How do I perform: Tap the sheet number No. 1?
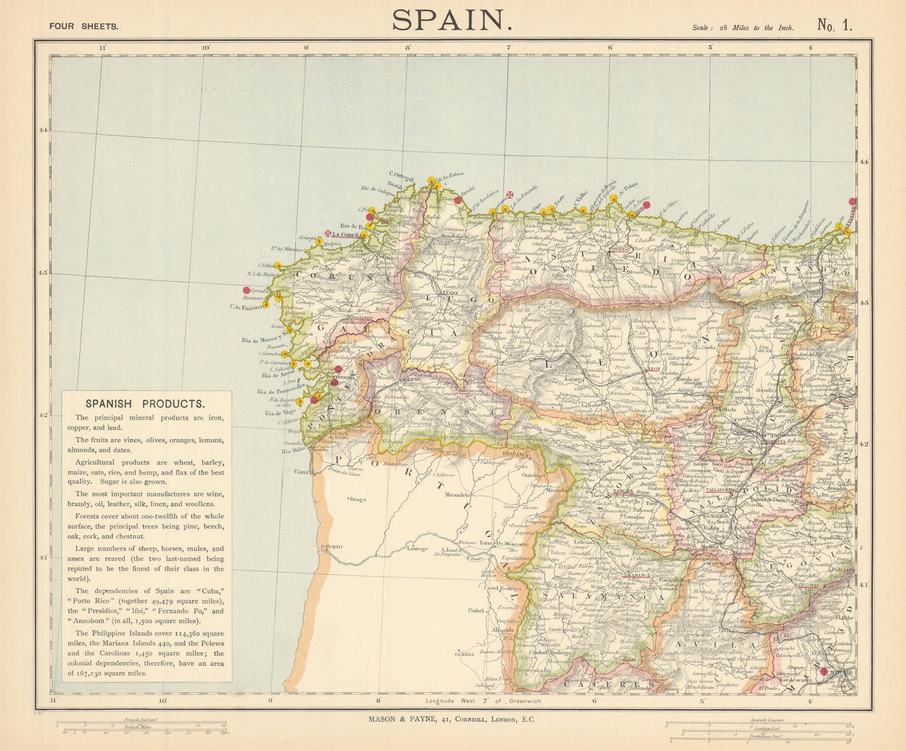click(834, 24)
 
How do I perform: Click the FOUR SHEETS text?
click(84, 26)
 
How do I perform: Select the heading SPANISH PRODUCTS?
click(144, 404)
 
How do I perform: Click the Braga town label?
click(357, 500)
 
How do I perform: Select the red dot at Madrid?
click(823, 672)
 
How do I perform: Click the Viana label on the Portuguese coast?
click(301, 471)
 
